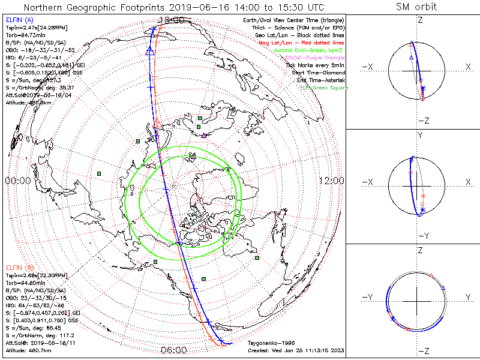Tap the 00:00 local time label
point(17,181)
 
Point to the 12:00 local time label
point(332,181)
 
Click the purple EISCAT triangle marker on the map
point(204,136)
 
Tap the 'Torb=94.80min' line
point(28,281)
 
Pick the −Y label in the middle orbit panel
point(423,236)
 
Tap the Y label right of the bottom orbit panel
point(467,297)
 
